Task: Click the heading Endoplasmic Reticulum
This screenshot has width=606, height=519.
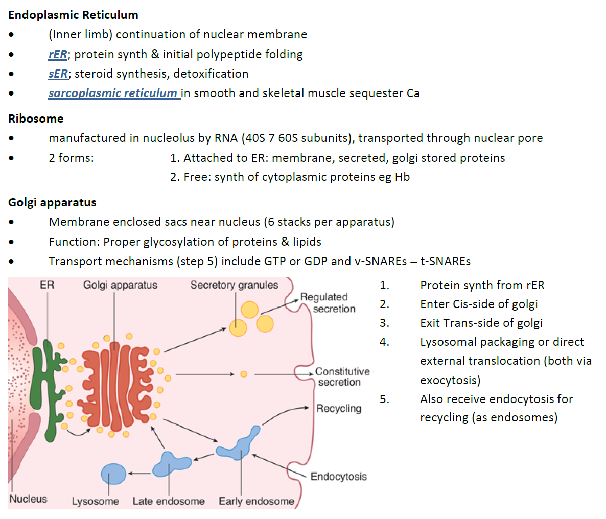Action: tap(73, 15)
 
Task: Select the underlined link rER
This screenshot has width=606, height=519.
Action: tap(58, 54)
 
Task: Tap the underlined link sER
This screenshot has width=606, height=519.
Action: tap(58, 74)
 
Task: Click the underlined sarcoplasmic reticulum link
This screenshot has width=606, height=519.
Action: tap(113, 93)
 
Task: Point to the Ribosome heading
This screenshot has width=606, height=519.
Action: tap(36, 119)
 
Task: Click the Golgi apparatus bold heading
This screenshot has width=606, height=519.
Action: tap(52, 202)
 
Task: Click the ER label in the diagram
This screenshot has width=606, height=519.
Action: tap(46, 285)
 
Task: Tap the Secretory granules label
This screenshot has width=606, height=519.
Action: tap(234, 285)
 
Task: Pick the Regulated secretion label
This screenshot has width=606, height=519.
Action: tap(327, 302)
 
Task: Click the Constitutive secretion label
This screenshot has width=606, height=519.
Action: tap(341, 376)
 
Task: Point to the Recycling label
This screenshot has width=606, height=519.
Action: tap(338, 408)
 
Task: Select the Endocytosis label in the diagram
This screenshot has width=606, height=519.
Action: tap(338, 476)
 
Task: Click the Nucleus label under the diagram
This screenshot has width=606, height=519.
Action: tap(28, 499)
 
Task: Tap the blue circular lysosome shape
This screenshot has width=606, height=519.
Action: tap(113, 474)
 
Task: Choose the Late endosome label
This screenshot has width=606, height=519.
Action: tap(168, 501)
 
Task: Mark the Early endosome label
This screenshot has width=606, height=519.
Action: tap(256, 501)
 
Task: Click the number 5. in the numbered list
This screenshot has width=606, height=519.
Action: tap(384, 399)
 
